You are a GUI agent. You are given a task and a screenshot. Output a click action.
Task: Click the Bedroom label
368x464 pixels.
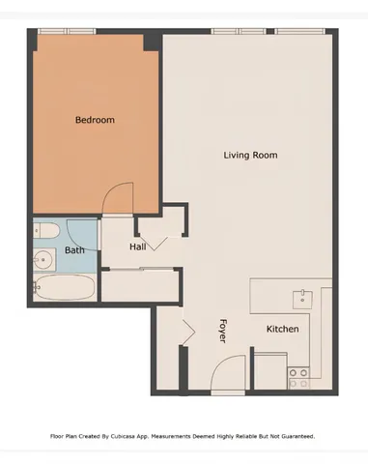tap(95, 120)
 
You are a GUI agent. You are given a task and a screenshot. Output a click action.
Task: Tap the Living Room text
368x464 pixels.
tap(250, 155)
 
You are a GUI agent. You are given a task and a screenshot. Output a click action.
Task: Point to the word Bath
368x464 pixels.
tap(74, 250)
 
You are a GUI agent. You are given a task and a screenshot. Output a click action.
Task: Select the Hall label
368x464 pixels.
tap(138, 247)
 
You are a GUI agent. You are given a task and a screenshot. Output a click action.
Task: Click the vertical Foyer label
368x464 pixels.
tap(222, 331)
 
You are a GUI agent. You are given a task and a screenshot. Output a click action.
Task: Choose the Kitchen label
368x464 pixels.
tap(282, 330)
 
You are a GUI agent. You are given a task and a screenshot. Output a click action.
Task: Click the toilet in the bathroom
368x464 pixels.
tap(48, 232)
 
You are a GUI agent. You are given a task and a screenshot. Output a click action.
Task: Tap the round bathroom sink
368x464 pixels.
tap(43, 259)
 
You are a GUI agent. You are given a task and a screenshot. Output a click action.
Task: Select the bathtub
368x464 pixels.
tap(64, 288)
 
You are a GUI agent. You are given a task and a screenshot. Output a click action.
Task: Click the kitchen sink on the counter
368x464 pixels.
tap(303, 296)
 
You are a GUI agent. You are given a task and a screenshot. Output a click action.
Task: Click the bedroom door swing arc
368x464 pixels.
tap(114, 198)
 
